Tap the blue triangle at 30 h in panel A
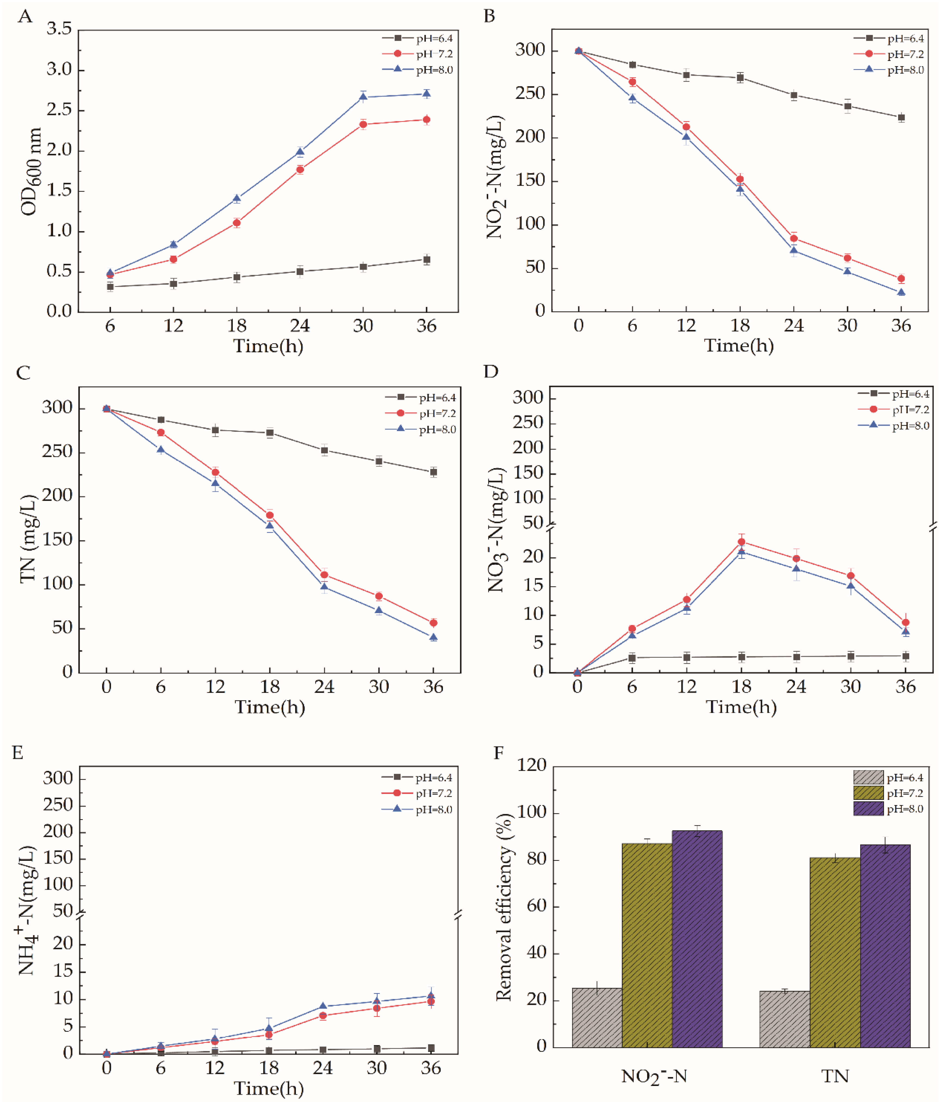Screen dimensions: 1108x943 point(363,97)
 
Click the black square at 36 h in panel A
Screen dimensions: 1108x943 point(426,260)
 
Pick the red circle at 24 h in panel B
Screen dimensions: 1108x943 point(794,238)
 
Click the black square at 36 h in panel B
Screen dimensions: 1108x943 point(901,118)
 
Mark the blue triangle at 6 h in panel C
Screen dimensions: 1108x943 point(160,449)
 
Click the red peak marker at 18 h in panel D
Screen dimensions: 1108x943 point(742,541)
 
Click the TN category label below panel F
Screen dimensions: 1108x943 point(835,1075)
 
